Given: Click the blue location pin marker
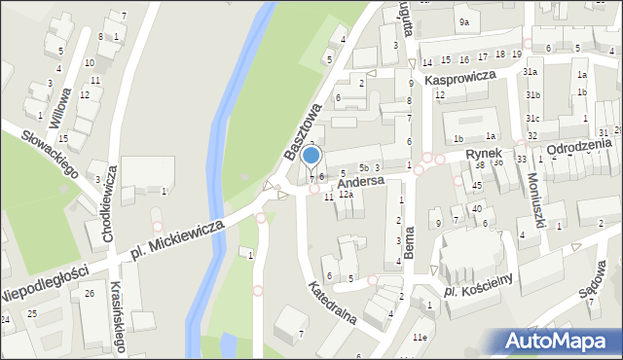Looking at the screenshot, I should tap(311, 156).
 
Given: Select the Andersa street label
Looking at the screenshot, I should tap(362, 182).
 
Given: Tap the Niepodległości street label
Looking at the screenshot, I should tap(44, 281).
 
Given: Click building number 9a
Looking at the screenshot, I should tap(464, 21).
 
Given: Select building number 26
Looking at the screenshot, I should tap(89, 293).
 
